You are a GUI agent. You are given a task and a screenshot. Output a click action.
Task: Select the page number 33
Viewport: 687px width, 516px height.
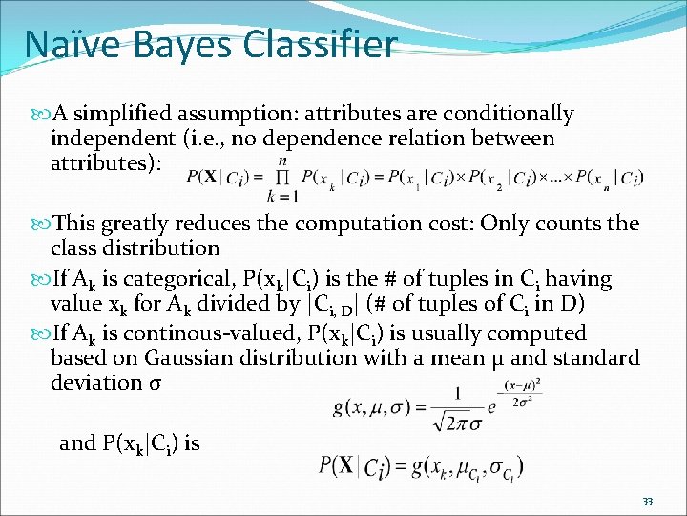coord(647,502)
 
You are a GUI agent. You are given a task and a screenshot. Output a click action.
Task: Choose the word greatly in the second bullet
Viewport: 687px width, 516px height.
coord(148,225)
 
